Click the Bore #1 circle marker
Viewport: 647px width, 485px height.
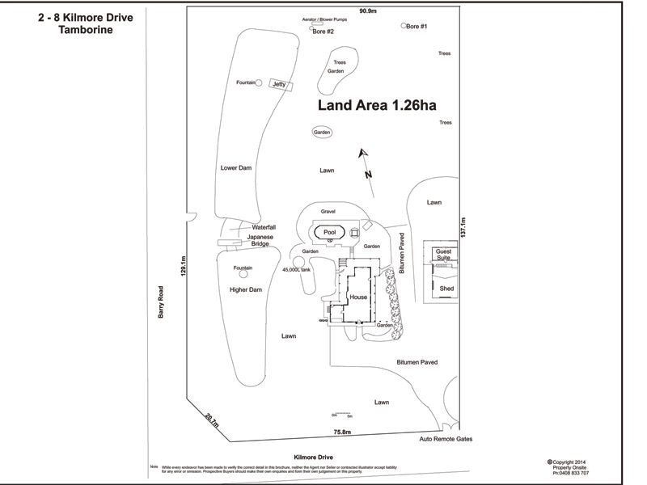404,26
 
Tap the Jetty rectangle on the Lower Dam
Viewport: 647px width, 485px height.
280,84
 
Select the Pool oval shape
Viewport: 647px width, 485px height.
329,232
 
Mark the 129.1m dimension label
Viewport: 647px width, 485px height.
184,267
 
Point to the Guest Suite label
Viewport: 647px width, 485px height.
445,255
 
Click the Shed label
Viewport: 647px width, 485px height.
446,287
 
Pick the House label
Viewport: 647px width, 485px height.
359,297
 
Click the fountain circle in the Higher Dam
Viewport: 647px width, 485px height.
243,275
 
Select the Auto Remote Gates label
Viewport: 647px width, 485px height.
445,439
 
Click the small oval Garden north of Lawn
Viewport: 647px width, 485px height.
323,133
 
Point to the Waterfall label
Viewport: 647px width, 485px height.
264,227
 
